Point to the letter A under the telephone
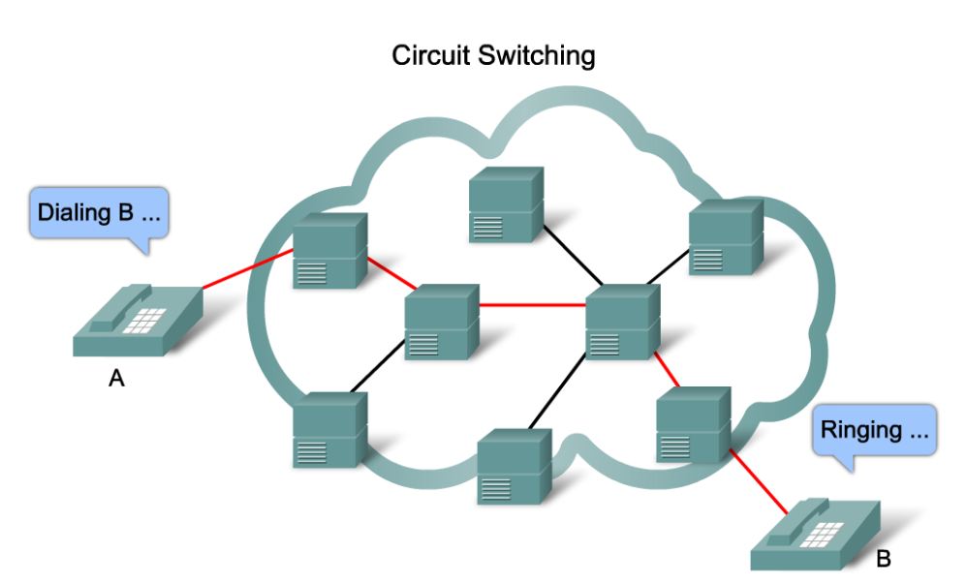[116, 379]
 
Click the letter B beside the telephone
[883, 558]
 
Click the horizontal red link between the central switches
[532, 306]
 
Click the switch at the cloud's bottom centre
[515, 466]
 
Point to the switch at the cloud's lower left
[330, 430]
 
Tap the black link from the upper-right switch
[668, 266]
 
